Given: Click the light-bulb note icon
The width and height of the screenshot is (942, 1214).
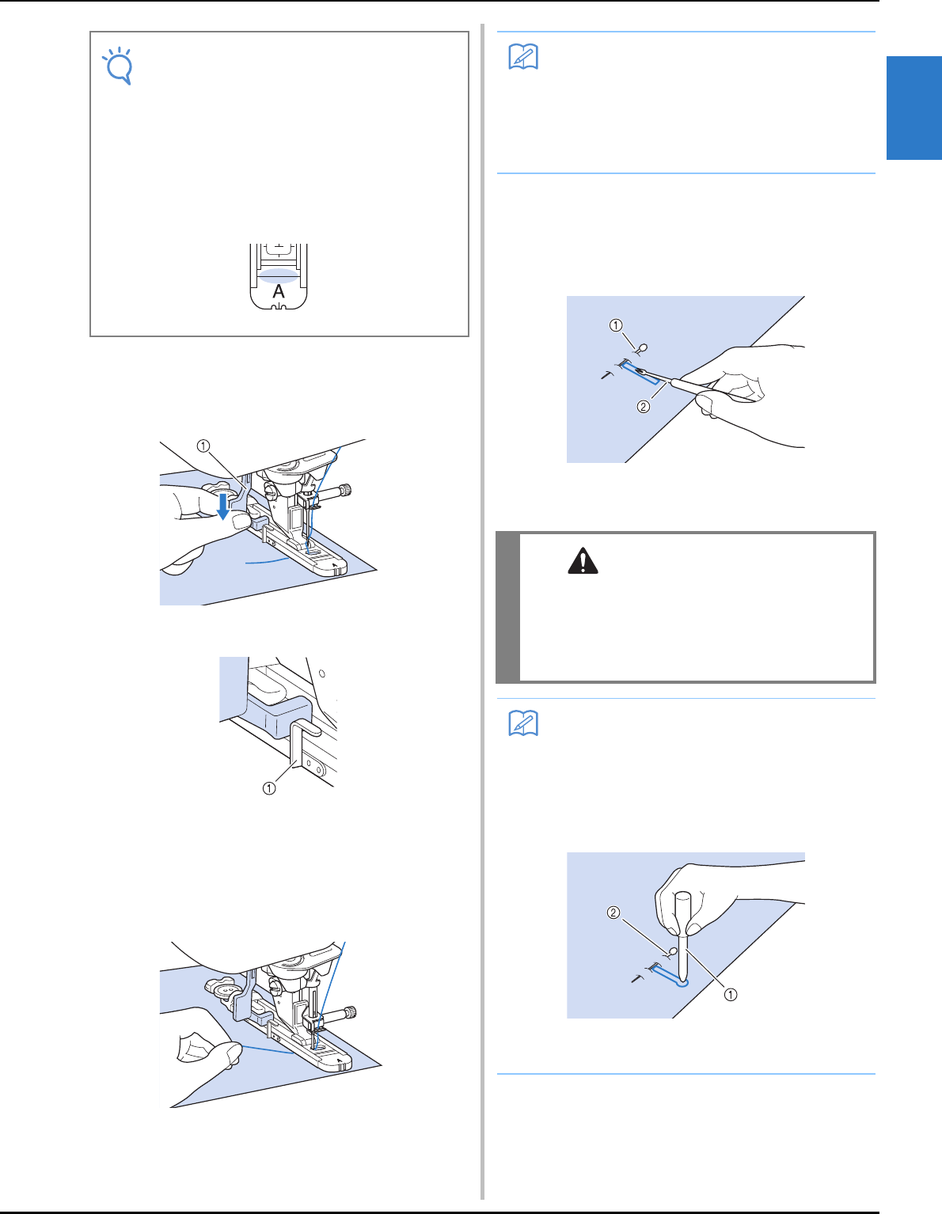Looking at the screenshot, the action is [119, 66].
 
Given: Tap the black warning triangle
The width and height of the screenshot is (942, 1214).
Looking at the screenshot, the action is [583, 561].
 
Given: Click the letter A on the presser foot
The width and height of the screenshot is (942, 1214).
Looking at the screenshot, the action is [278, 291].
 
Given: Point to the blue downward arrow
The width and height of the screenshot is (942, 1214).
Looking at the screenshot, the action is [223, 506].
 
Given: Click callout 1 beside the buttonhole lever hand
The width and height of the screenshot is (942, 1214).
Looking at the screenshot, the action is [203, 446].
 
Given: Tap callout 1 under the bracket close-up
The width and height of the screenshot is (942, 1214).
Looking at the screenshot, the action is [269, 788].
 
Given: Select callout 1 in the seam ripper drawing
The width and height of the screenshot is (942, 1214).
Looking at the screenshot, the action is [616, 325].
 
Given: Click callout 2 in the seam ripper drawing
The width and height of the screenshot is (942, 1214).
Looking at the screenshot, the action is [644, 407].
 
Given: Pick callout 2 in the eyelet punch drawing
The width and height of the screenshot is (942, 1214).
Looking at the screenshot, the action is [613, 913].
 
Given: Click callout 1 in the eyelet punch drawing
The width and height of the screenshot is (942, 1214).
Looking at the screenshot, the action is [730, 995].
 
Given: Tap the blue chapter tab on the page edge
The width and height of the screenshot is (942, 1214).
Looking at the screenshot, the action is [914, 108].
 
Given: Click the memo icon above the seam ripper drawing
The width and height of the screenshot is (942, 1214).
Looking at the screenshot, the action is [523, 56].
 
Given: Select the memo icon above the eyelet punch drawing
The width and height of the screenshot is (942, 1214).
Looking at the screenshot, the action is [523, 723].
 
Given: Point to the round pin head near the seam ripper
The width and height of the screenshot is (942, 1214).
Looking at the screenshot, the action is [643, 348].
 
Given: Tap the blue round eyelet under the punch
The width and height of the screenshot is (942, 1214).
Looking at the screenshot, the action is [681, 981].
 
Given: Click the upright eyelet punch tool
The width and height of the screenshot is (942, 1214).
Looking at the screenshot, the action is [682, 939].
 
